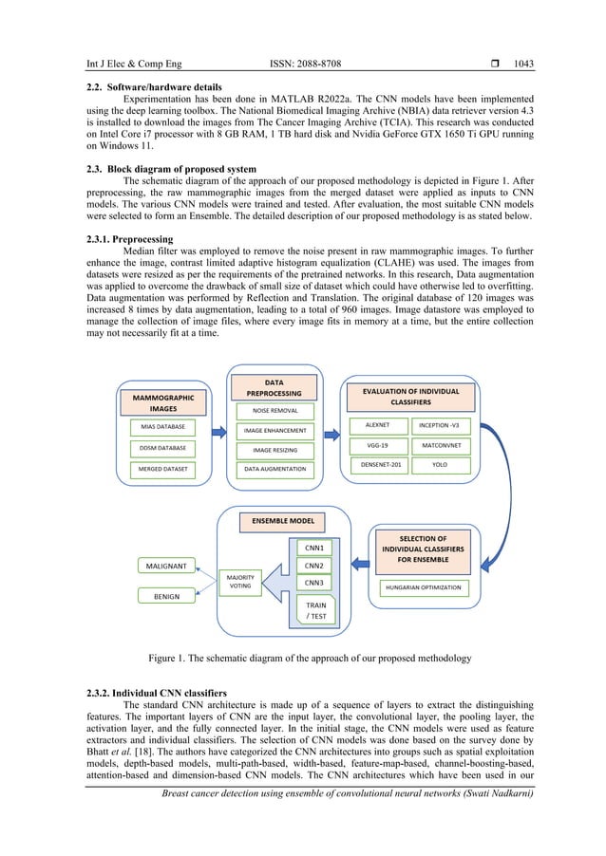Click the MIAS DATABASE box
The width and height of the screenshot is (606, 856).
point(162,427)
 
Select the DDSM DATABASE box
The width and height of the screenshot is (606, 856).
point(162,448)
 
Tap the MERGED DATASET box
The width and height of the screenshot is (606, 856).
point(162,469)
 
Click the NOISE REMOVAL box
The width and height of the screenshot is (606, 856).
point(275,411)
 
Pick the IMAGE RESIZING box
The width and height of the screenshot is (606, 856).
point(275,449)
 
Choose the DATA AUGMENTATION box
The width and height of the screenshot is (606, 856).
point(275,469)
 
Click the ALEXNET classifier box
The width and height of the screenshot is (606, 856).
point(373,424)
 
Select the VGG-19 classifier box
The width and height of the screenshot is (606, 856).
point(373,444)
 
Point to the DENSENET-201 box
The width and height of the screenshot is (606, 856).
point(373,465)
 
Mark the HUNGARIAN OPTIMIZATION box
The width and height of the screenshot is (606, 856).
point(424,587)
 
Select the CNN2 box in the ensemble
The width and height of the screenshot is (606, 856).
point(314,566)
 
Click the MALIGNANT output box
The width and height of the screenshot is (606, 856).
point(165,566)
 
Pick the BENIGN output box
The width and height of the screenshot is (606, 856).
point(165,595)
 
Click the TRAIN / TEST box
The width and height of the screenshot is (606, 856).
point(314,609)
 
